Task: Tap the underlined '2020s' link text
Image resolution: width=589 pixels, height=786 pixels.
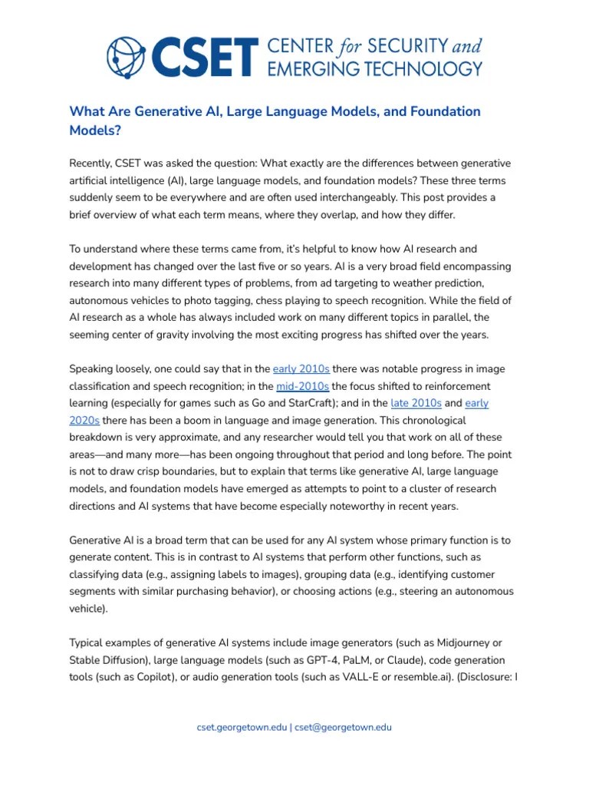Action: (x=84, y=421)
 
